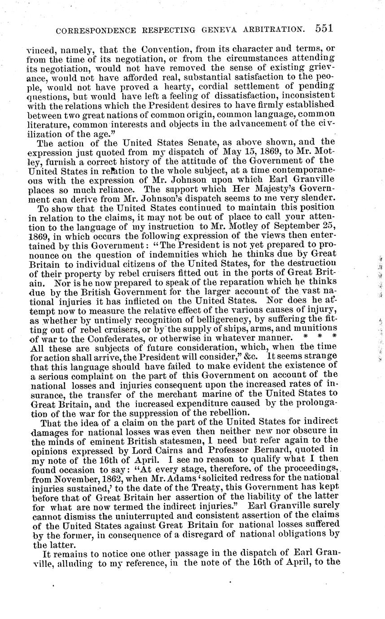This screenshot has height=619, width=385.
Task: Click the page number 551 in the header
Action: [x=324, y=29]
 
